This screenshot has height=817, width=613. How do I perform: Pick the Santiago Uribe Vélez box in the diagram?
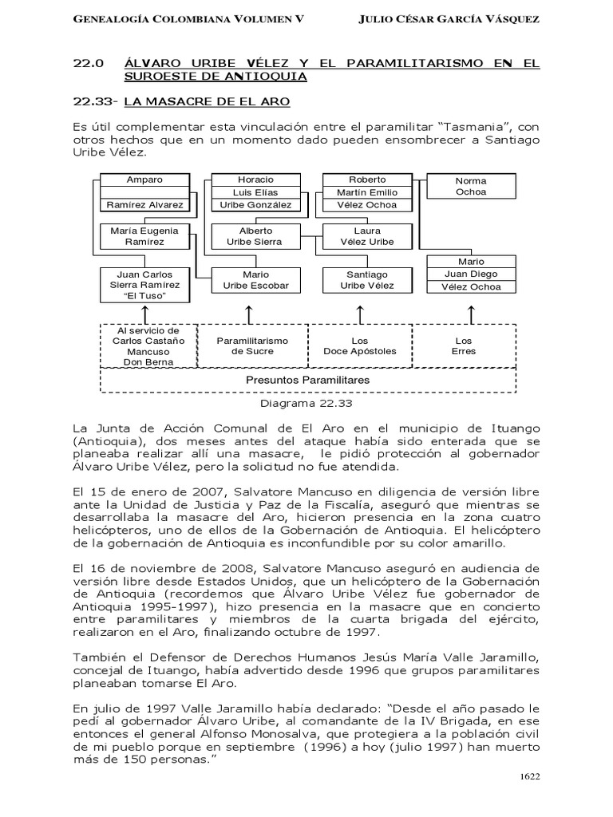(366, 280)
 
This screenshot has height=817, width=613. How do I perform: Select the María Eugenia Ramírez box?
(144, 235)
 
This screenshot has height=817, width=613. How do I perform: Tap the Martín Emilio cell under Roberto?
(366, 192)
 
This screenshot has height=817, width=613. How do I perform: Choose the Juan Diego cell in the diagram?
(471, 274)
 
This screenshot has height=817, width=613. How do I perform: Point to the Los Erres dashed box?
(463, 345)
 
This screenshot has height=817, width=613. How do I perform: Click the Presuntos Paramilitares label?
(308, 380)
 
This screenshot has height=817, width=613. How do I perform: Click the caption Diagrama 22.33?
(307, 403)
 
